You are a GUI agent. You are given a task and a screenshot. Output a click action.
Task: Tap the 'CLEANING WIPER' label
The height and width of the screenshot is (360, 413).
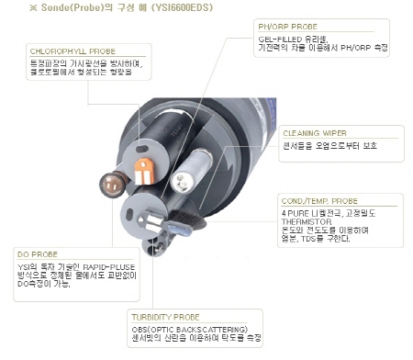tap(315, 132)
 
